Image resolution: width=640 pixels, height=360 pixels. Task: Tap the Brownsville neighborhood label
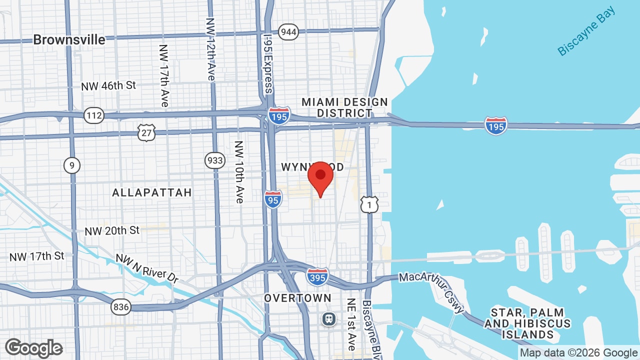click(69, 40)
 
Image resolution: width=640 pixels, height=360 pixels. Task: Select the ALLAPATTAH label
click(152, 192)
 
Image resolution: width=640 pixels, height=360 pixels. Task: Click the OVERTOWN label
click(297, 298)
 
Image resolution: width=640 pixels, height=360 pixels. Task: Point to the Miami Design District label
click(344, 107)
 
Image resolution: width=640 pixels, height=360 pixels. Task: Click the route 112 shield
click(94, 115)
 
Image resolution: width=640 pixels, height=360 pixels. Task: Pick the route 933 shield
click(214, 160)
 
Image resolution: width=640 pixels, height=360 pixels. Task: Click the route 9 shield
click(72, 165)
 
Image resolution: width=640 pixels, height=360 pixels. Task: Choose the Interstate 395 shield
click(317, 276)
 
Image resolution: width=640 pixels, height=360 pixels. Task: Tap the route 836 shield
click(121, 306)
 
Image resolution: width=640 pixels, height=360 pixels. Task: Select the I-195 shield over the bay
click(496, 126)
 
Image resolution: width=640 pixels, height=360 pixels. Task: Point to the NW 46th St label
click(108, 86)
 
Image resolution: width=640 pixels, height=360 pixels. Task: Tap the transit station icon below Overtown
click(329, 318)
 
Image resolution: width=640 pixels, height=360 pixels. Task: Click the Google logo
click(34, 348)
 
